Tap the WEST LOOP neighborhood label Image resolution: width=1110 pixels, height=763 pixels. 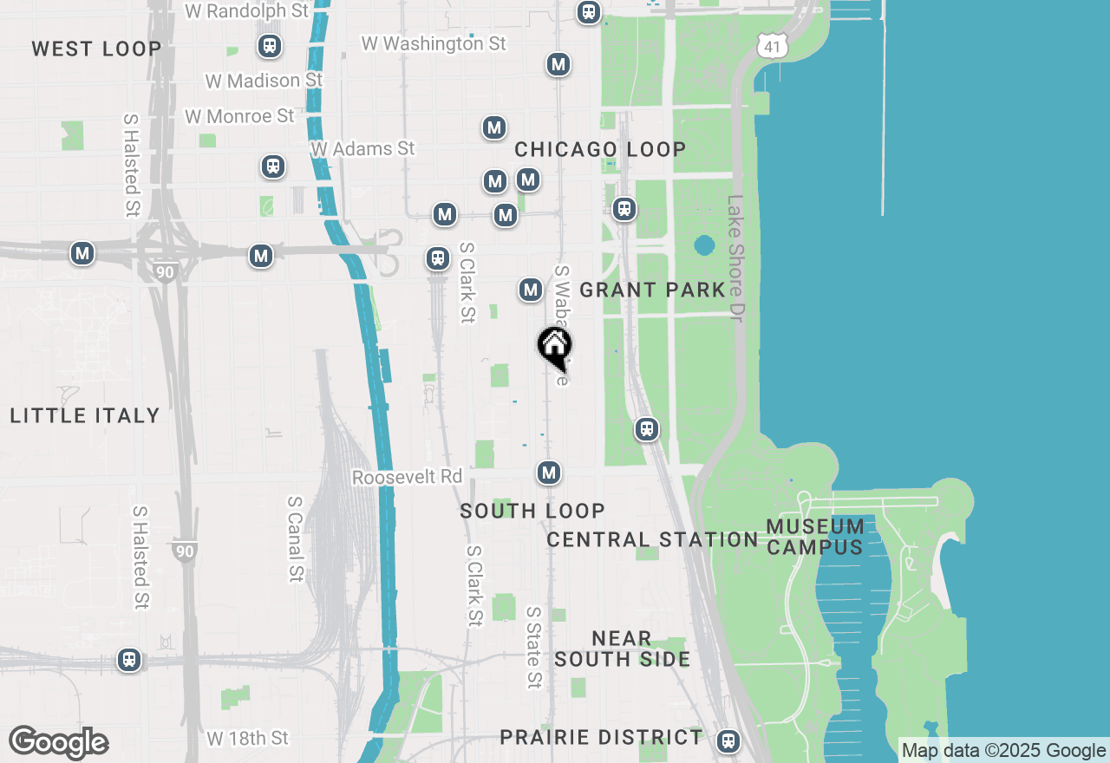tap(96, 49)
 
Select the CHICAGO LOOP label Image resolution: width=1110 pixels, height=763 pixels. tap(600, 149)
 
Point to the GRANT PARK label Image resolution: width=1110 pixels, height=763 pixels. tap(652, 290)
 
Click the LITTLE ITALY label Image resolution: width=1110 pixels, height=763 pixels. tap(85, 415)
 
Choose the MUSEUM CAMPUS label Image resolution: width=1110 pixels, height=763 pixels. tap(815, 537)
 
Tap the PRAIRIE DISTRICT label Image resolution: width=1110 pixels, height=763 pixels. tap(601, 737)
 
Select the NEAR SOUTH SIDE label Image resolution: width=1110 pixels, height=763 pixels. tap(623, 649)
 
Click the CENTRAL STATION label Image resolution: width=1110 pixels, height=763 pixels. tap(653, 539)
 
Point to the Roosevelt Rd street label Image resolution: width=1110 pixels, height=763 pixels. tap(408, 478)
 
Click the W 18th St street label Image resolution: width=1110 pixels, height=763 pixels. tap(248, 738)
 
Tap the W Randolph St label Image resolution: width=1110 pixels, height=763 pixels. tap(247, 10)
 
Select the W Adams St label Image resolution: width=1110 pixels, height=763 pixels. tap(362, 149)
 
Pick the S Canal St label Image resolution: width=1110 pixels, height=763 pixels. tap(296, 538)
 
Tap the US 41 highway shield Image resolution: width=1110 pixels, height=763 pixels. tap(772, 46)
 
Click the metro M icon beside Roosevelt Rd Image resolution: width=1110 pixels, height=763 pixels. tap(548, 473)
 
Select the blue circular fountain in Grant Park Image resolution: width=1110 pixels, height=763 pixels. tap(704, 245)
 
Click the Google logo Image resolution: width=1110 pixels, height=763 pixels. tap(58, 742)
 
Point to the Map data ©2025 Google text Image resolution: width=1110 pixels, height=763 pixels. tap(1003, 751)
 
